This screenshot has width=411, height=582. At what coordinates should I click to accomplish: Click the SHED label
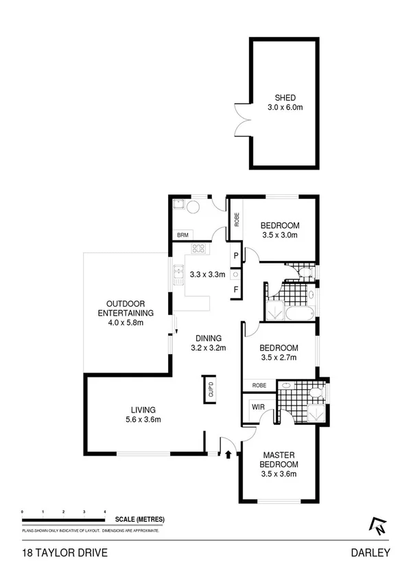point(284,98)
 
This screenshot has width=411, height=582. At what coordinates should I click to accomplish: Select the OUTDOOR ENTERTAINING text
point(124,308)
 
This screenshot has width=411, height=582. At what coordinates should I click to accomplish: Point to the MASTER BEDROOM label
point(279,460)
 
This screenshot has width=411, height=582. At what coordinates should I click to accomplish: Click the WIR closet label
point(259,406)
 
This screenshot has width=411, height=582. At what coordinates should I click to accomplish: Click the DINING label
point(208,338)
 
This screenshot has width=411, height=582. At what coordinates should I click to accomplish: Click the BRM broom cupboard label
point(183,235)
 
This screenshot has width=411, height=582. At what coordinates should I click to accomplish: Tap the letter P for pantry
point(235,256)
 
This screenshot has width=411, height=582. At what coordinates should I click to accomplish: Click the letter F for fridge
point(235,289)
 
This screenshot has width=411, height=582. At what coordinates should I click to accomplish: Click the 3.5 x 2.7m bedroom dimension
point(279,357)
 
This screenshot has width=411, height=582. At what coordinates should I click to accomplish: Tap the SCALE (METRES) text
point(139,520)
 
